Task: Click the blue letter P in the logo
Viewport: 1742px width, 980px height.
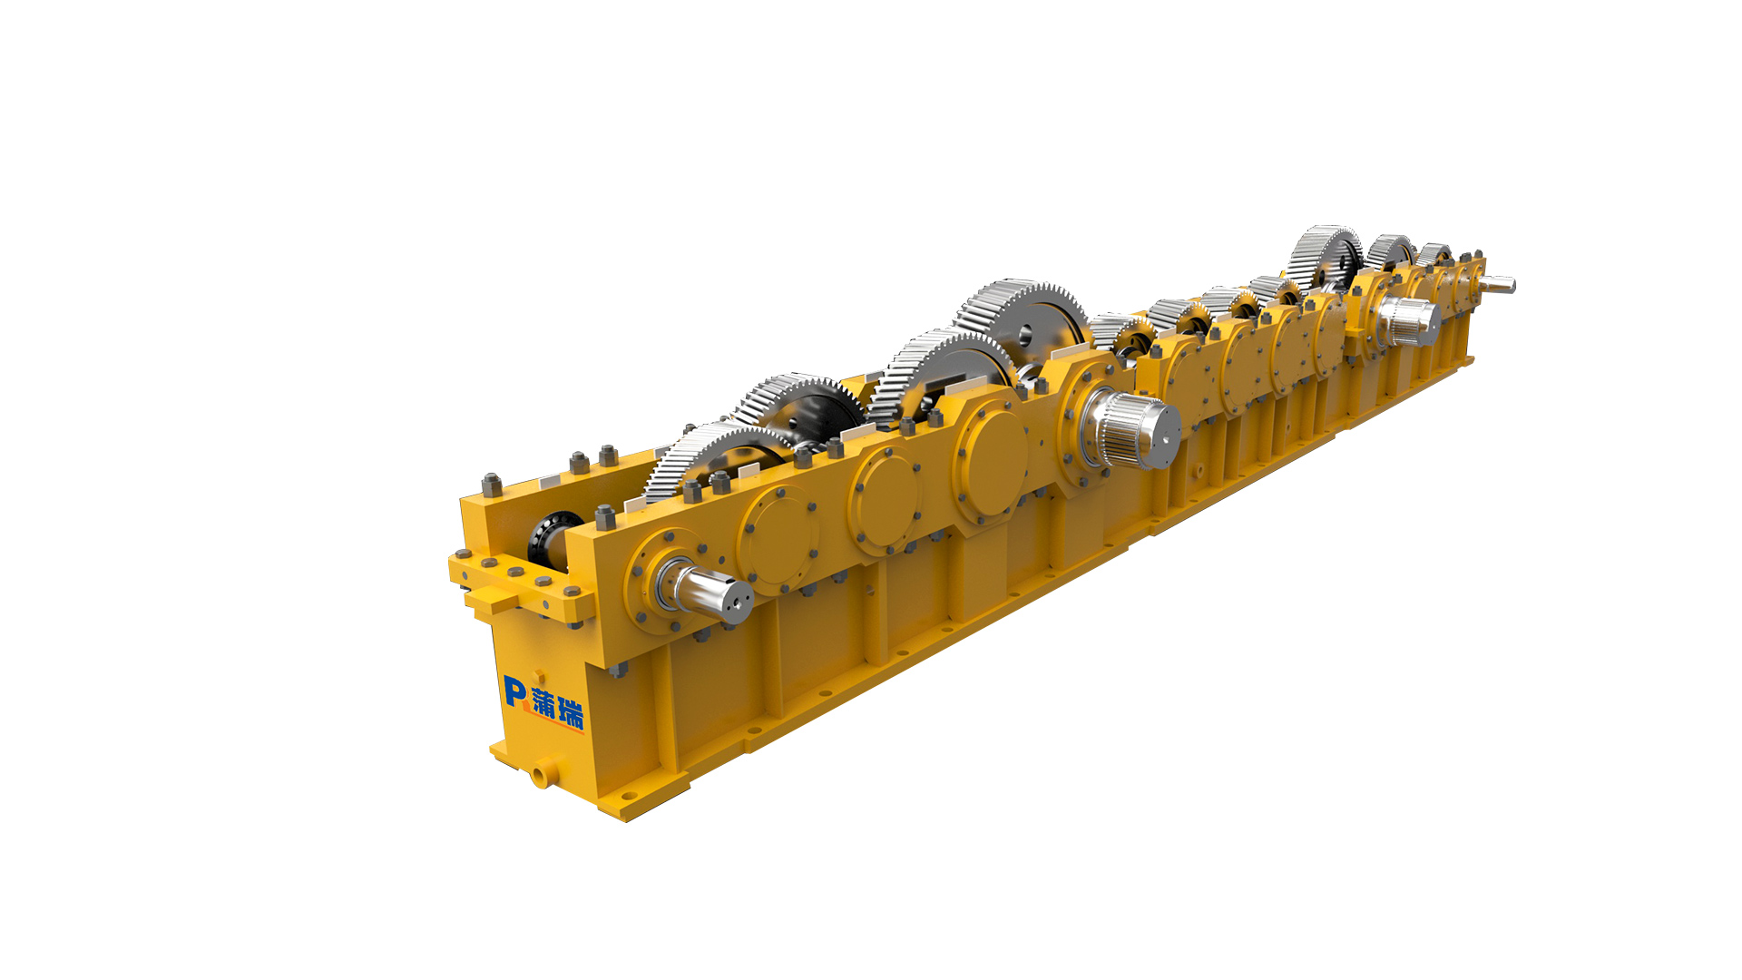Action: (x=514, y=691)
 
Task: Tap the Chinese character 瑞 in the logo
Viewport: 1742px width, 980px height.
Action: (x=572, y=712)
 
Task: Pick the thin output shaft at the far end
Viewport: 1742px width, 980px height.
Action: (x=1498, y=284)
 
